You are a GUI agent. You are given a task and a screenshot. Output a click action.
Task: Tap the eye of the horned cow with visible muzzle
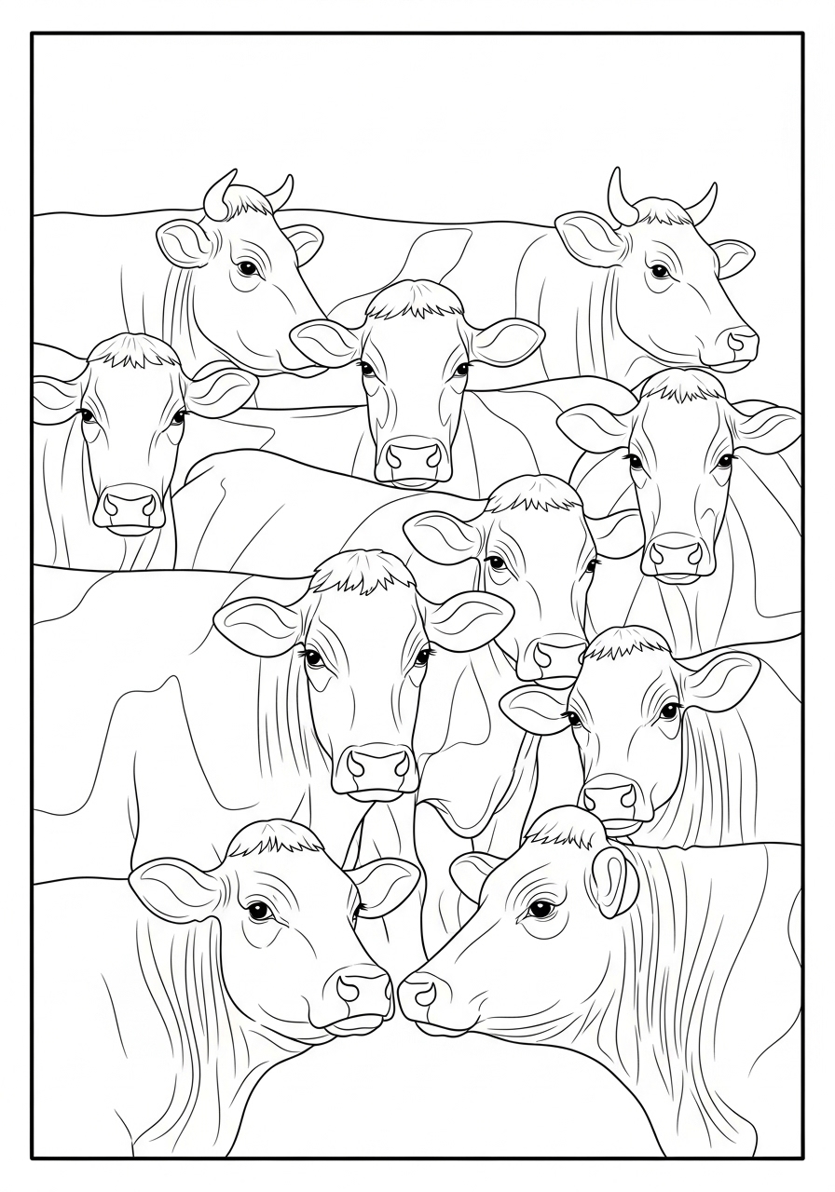click(x=660, y=271)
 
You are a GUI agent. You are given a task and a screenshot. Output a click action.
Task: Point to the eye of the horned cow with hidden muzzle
click(x=246, y=268)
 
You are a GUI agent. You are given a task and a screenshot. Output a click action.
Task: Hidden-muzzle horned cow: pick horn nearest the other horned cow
click(x=279, y=194)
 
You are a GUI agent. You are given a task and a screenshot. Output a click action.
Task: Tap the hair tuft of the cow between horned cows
click(x=414, y=300)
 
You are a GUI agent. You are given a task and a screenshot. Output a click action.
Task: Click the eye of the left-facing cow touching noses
click(x=538, y=908)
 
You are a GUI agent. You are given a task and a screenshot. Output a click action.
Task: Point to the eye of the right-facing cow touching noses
click(x=258, y=910)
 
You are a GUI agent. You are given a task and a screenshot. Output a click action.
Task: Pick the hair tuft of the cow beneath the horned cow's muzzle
click(x=682, y=386)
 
